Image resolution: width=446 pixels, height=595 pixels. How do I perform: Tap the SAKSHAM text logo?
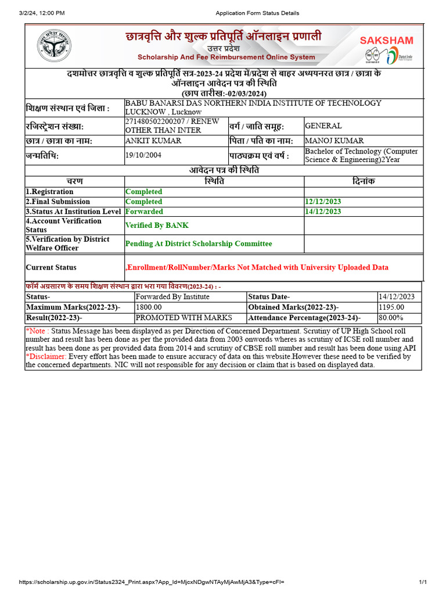click(387, 40)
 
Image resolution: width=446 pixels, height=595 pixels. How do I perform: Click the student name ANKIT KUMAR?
click(153, 141)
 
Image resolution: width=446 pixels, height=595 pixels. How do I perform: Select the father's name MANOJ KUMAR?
click(334, 141)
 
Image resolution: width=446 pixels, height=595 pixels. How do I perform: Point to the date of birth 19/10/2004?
click(143, 155)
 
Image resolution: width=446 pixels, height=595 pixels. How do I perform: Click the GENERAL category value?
click(323, 126)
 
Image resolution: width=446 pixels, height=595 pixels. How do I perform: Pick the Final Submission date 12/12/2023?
click(323, 202)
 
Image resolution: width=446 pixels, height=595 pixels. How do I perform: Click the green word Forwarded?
click(144, 212)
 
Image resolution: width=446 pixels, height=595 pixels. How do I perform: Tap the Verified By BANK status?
click(157, 225)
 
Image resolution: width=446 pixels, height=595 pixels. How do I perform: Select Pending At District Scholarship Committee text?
click(199, 243)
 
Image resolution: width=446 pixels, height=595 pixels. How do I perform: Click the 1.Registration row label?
click(49, 192)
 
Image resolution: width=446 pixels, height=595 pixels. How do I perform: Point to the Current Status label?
click(51, 267)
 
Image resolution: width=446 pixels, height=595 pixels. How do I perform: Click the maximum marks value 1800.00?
click(149, 307)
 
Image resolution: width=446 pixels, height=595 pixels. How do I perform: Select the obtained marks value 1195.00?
click(391, 307)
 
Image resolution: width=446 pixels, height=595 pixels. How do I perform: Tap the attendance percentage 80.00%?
click(391, 318)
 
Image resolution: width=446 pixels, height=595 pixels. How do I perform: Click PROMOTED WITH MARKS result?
click(184, 318)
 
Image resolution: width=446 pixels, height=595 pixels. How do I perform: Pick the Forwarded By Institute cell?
click(172, 296)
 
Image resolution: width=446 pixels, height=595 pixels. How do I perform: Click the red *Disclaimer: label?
click(46, 356)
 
